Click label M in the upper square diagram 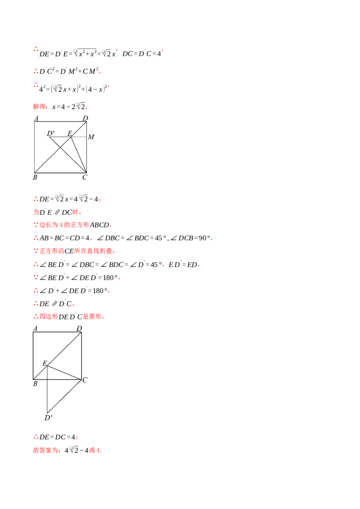coord(91,137)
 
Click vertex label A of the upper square coord(36,118)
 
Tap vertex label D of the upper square coord(85,118)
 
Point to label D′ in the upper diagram coord(51,133)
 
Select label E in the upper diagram coord(70,133)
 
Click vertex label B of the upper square coord(35,177)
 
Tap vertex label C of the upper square coord(85,177)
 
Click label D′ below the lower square coord(49,417)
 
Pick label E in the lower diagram coord(45,363)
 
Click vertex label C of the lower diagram coord(85,380)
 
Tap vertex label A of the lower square coord(35,329)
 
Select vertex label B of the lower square coord(35,384)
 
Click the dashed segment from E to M coord(79,137)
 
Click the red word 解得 coord(39,106)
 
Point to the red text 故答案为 coord(45,450)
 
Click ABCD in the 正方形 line coord(99,225)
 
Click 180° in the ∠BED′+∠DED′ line coord(110,277)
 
